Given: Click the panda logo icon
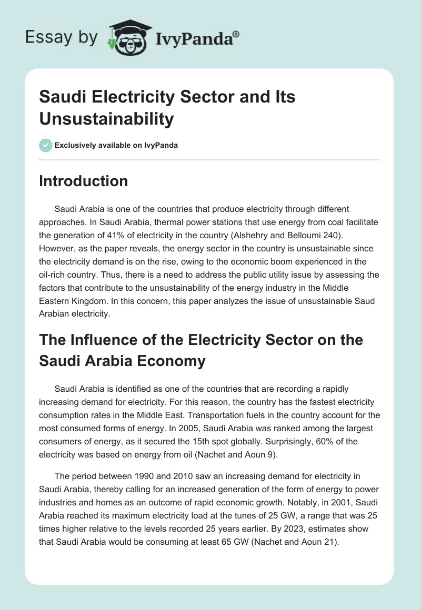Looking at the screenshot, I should [x=128, y=38].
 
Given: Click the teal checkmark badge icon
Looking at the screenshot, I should [x=45, y=145].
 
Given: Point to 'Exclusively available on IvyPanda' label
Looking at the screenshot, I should [x=116, y=146].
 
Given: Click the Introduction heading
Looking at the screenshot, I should [x=83, y=181].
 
